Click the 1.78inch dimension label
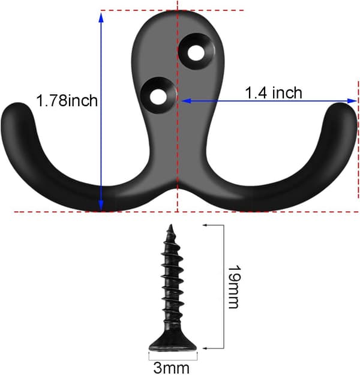pyautogui.click(x=67, y=101)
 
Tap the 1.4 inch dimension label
pyautogui.click(x=274, y=92)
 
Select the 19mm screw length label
pyautogui.click(x=233, y=287)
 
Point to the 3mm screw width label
pyautogui.click(x=171, y=368)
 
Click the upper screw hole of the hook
pyautogui.click(x=196, y=52)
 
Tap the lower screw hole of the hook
pyautogui.click(x=158, y=97)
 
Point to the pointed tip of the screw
pyautogui.click(x=171, y=225)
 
